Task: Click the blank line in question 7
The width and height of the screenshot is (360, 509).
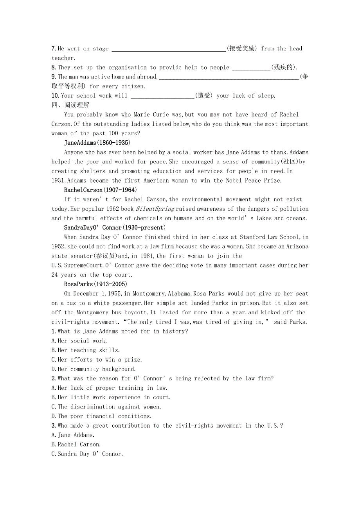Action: tap(169, 49)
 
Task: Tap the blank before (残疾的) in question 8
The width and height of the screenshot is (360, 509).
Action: tap(251, 68)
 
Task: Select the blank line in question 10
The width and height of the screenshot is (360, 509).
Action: tap(162, 96)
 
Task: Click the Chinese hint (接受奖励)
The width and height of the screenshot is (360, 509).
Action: tap(242, 48)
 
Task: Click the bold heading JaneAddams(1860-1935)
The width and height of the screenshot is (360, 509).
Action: tap(97, 143)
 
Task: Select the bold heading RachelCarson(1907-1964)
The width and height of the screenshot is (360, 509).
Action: tap(100, 190)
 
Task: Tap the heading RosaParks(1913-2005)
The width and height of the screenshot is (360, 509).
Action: tap(95, 284)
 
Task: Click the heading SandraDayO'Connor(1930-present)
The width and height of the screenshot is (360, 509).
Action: tap(115, 228)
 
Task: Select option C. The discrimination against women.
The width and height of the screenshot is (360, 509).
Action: tap(106, 407)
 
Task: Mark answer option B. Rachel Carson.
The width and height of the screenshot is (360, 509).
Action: tap(76, 444)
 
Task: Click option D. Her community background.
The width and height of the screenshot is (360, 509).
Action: tap(94, 369)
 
